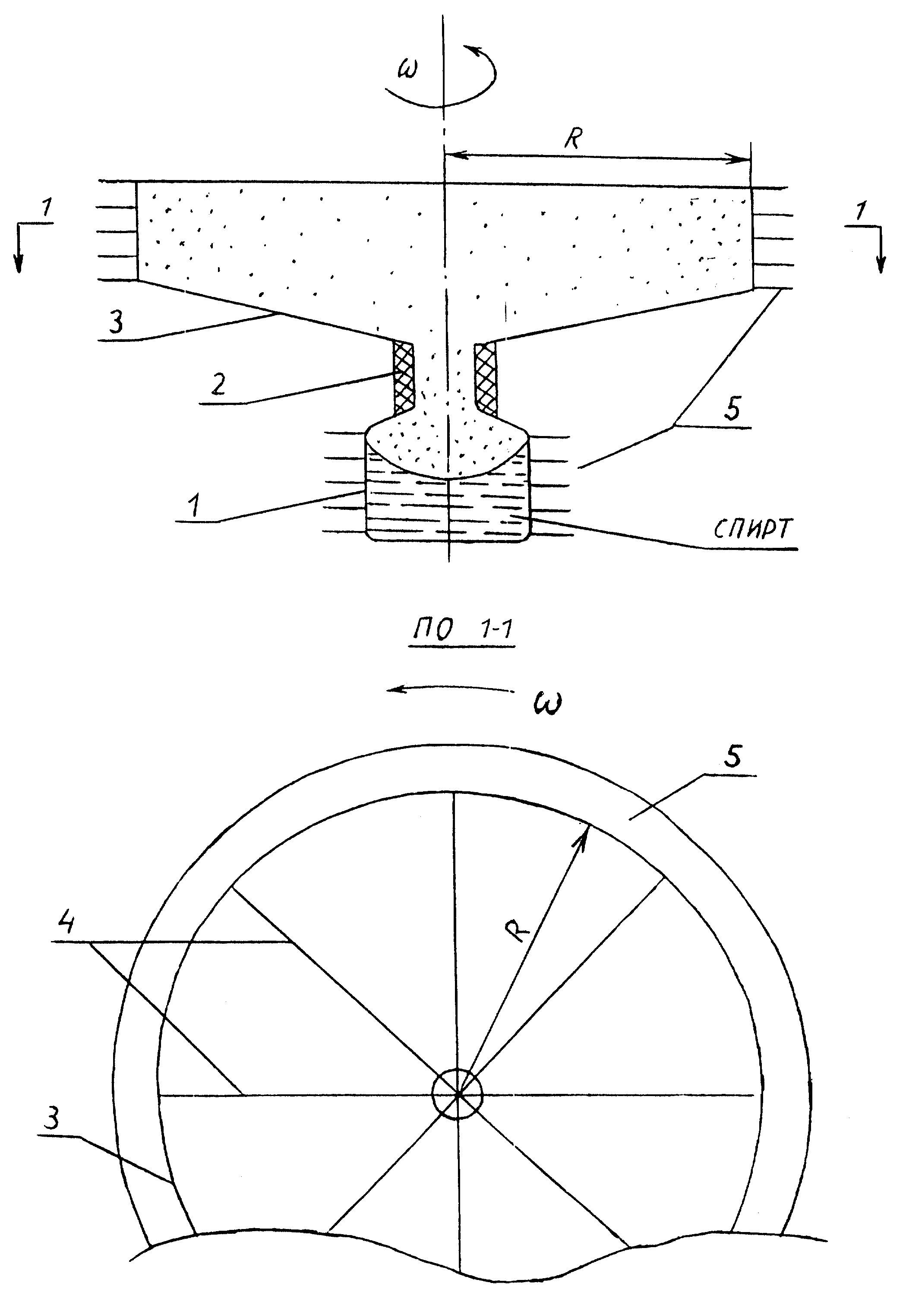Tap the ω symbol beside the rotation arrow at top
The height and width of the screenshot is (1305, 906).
coord(407,70)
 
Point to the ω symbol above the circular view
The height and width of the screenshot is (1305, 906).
coord(547,705)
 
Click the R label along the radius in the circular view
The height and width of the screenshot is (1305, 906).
coord(517,932)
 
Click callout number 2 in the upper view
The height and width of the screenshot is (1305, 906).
coord(218,384)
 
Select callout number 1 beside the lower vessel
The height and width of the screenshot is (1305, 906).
coord(194,505)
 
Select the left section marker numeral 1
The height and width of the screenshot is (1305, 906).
coord(47,209)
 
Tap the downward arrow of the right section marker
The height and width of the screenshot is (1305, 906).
coord(881,250)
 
